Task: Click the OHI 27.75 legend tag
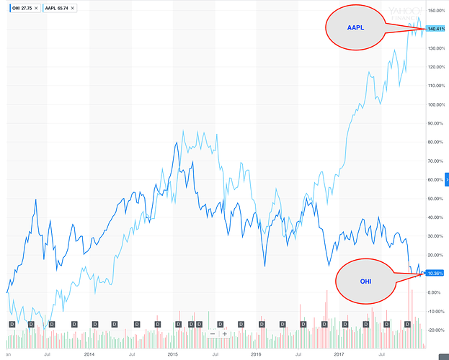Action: point(18,7)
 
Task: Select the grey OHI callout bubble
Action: point(366,280)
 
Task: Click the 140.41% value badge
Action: point(435,29)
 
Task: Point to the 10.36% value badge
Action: point(435,274)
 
